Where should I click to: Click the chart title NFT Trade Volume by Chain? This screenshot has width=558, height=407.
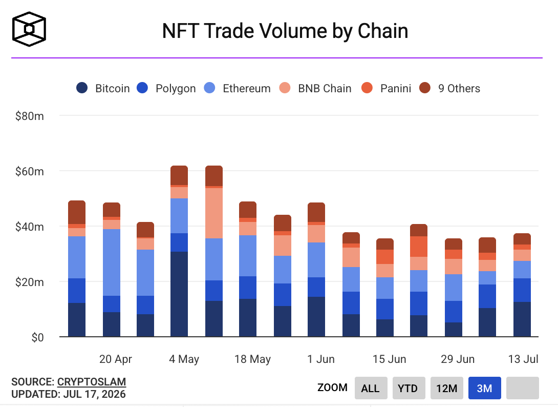tap(285, 31)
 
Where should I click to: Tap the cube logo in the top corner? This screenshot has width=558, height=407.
tap(29, 29)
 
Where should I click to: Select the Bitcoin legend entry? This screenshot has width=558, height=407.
tap(103, 88)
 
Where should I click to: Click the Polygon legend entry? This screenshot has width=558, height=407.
tap(166, 88)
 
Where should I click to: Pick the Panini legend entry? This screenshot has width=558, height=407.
tap(386, 88)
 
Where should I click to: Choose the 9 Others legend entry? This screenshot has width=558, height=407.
tap(449, 88)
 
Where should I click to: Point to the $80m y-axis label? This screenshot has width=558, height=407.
tap(30, 116)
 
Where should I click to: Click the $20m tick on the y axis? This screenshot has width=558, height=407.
tap(30, 282)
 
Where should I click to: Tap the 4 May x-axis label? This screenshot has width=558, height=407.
tap(184, 359)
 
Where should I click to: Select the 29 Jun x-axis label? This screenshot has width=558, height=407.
tap(458, 359)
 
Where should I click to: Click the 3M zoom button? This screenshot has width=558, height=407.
tap(485, 388)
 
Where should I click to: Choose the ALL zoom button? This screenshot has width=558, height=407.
tap(371, 388)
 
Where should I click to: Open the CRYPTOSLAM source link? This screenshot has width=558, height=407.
tap(92, 382)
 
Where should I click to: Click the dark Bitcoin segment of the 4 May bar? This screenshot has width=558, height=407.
tap(179, 294)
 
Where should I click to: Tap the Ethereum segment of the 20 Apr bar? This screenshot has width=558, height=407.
tap(112, 262)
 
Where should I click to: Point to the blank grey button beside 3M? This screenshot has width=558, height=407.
tap(522, 388)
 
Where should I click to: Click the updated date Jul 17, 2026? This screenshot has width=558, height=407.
tap(94, 394)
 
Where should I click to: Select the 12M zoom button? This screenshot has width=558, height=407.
tap(446, 388)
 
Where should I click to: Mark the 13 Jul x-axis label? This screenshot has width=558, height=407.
tap(523, 359)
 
